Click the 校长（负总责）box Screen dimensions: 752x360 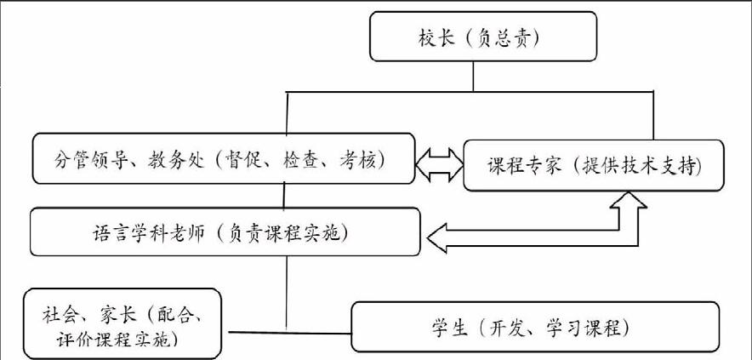pyautogui.click(x=483, y=37)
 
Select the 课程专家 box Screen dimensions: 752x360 pyautogui.click(x=594, y=165)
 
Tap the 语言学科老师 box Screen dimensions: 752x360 pyautogui.click(x=225, y=231)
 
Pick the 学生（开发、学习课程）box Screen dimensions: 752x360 pyautogui.click(x=535, y=327)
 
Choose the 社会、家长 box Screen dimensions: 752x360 pyautogui.click(x=122, y=323)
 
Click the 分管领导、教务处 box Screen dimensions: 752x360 pyautogui.click(x=224, y=158)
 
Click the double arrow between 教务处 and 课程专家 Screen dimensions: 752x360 pyautogui.click(x=439, y=164)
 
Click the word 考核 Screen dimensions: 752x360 pyautogui.click(x=353, y=159)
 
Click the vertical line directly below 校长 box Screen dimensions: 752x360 pyautogui.click(x=473, y=77)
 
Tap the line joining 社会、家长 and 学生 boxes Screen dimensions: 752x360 pyautogui.click(x=290, y=332)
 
